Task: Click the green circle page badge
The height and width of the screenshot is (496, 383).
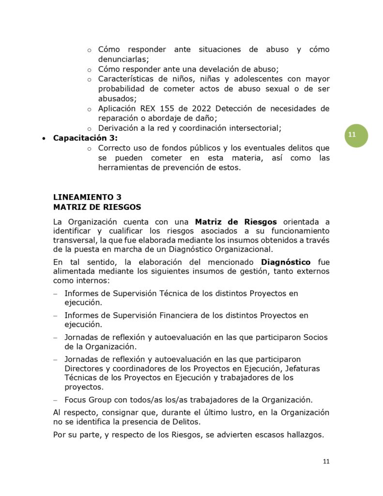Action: (x=356, y=136)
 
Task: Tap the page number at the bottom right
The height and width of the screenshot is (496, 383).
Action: (x=326, y=461)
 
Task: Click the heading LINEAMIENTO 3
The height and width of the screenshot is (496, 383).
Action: (x=87, y=197)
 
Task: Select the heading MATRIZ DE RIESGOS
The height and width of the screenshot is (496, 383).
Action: (x=97, y=207)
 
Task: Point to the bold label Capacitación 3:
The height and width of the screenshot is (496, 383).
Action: (x=85, y=138)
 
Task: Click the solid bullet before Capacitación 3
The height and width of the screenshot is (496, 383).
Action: (x=44, y=139)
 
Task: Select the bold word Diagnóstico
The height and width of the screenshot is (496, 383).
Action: (x=286, y=262)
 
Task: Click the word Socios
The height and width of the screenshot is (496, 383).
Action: (x=314, y=337)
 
